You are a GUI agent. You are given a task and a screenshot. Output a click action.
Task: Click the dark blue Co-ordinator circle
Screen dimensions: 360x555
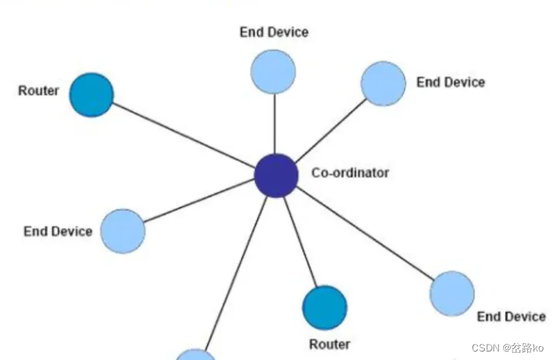point(276,176)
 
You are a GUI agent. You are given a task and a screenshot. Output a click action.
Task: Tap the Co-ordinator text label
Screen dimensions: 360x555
point(350,173)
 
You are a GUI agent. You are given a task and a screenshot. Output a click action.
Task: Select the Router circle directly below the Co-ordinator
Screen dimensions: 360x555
point(325,308)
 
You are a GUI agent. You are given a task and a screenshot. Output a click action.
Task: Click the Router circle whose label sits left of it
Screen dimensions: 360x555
point(92,95)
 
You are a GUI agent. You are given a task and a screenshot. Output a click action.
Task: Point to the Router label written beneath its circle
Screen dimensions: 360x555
point(329,344)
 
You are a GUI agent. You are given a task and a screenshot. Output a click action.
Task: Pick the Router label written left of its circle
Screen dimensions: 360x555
point(39,91)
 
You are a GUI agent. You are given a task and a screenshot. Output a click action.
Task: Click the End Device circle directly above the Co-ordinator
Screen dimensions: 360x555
point(274,71)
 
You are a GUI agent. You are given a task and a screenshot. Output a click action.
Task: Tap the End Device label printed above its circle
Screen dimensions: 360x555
point(274,32)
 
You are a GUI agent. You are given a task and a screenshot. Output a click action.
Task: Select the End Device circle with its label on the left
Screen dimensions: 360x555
point(123,230)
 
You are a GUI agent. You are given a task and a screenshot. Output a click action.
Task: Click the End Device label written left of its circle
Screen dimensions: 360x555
point(58,231)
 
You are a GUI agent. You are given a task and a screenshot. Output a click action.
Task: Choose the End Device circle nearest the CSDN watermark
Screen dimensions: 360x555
point(452,293)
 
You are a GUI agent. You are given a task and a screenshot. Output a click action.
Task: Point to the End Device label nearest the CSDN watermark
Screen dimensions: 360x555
point(511,316)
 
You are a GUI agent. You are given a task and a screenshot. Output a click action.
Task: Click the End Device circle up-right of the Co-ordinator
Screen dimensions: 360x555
point(383,83)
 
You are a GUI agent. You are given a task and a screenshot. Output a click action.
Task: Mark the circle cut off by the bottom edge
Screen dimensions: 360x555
point(196,355)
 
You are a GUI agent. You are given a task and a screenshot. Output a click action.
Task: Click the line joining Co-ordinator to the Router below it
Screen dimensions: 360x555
point(301,243)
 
